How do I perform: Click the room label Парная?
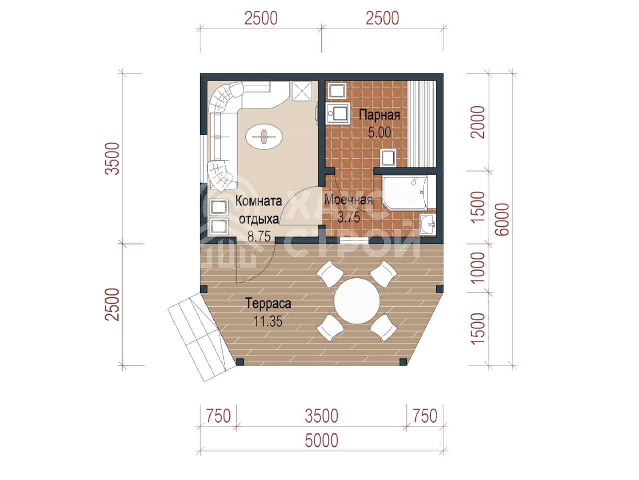(x=379, y=115)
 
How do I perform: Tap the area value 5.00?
(x=379, y=132)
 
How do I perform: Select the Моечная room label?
(x=348, y=200)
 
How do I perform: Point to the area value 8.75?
(x=259, y=236)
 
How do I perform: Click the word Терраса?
(x=268, y=303)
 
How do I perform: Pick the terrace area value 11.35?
(x=268, y=321)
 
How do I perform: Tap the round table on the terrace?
(x=356, y=301)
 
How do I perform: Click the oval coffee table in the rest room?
(x=264, y=136)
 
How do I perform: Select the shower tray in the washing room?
(x=404, y=192)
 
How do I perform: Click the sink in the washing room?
(x=428, y=224)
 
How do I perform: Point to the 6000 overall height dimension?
(x=502, y=219)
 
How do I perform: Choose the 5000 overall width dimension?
(x=321, y=440)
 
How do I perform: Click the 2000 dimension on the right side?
(x=478, y=122)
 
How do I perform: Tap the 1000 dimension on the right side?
(x=478, y=268)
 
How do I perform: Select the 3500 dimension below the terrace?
(x=321, y=415)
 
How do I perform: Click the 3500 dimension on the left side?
(x=112, y=158)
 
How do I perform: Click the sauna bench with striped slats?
(x=422, y=124)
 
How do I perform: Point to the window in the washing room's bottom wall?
(x=354, y=240)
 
